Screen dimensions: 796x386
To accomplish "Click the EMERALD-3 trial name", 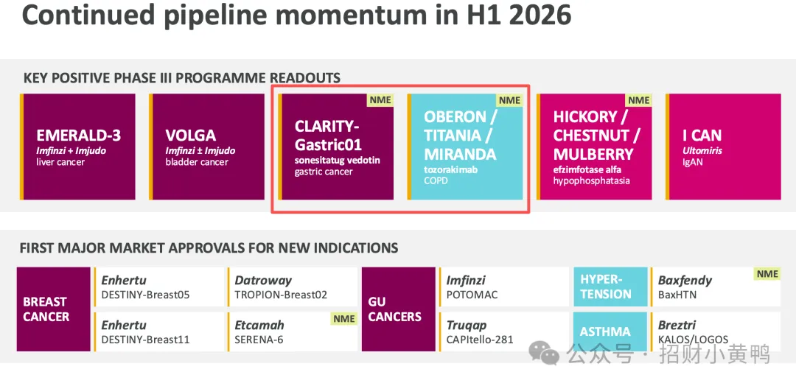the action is tap(78, 136).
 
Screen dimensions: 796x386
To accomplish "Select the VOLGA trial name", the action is tap(190, 136).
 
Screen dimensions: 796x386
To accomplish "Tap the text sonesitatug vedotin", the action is tap(338, 161).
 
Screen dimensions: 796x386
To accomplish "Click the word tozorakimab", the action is tap(451, 170).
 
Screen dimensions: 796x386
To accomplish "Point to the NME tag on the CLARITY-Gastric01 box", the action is tap(381, 100).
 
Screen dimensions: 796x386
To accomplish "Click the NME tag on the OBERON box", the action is tap(510, 100).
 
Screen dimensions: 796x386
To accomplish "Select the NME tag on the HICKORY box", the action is tap(638, 100).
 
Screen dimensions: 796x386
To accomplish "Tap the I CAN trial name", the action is tap(702, 136).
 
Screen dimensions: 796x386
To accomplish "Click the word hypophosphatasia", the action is tap(591, 180).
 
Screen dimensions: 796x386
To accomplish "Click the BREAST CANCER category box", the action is tap(54, 309).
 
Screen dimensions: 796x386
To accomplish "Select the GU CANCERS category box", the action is tap(399, 309).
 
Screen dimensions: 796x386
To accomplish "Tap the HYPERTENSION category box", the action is tap(611, 287).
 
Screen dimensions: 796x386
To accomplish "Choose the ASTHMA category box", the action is tap(611, 331).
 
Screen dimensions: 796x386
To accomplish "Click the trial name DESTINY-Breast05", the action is tap(146, 295).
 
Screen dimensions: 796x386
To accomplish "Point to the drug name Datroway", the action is tap(263, 280).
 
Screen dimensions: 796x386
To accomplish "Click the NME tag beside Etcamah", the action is tap(344, 318).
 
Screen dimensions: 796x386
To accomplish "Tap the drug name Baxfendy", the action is tap(685, 280).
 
